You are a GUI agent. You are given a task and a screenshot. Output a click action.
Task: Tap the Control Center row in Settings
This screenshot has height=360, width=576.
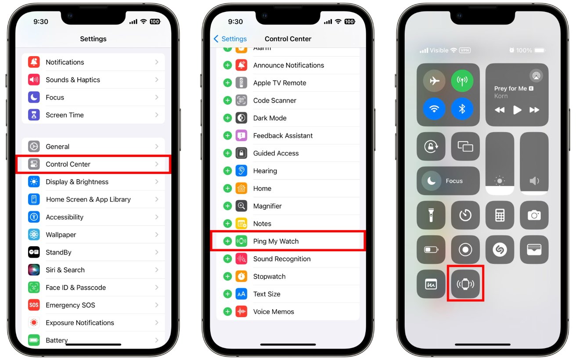93,164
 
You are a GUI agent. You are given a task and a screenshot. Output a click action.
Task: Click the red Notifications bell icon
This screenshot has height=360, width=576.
34,62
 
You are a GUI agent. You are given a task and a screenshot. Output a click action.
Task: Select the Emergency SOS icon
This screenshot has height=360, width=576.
34,305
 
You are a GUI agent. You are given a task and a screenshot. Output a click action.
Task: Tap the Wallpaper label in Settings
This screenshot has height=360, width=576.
61,234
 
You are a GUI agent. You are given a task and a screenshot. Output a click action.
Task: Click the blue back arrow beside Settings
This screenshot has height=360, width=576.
216,39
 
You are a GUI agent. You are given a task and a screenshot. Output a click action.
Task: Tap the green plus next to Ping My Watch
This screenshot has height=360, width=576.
227,241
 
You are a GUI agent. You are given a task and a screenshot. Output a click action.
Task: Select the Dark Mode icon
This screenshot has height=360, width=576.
241,118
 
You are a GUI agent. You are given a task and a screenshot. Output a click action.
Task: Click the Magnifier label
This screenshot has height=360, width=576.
267,206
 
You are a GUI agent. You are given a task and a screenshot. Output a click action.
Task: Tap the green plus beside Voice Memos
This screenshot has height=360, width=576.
227,312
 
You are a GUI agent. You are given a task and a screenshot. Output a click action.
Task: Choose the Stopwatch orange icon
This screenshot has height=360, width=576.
241,277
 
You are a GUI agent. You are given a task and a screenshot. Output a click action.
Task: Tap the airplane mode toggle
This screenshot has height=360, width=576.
434,81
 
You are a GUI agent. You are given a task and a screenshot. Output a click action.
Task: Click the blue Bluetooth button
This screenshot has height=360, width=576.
462,109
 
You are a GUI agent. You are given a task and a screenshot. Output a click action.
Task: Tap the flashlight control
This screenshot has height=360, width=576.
431,215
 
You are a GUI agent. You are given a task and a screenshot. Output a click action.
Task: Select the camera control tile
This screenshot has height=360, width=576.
534,215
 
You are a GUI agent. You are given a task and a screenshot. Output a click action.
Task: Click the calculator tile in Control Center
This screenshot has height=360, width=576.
500,215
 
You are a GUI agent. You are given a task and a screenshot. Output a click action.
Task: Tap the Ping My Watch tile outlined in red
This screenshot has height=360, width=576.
465,284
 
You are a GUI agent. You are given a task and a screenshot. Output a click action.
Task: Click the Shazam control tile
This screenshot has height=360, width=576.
500,249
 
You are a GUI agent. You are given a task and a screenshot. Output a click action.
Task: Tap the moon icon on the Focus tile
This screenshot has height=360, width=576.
432,181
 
